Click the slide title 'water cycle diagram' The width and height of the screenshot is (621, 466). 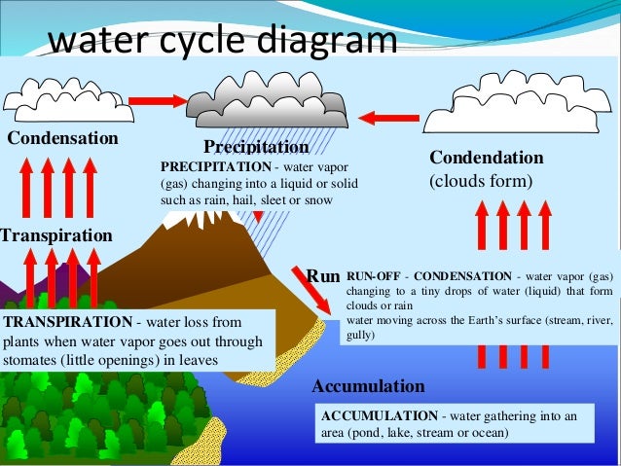click(x=223, y=40)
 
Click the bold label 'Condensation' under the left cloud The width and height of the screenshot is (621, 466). click(x=63, y=138)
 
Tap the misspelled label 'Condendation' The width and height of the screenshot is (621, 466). click(x=487, y=158)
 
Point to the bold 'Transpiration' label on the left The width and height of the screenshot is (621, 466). click(x=56, y=235)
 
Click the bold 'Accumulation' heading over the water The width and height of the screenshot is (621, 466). click(x=368, y=386)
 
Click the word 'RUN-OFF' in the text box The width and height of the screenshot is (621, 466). click(x=370, y=275)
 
